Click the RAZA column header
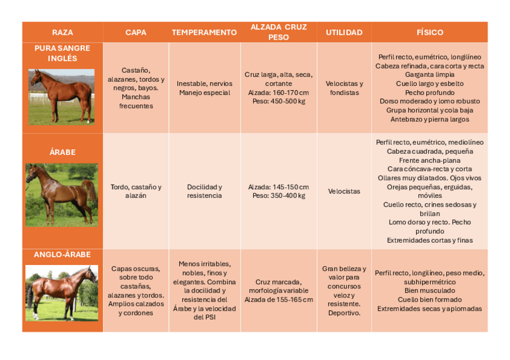tap(63, 32)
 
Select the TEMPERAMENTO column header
tap(204, 32)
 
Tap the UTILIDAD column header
tap(344, 32)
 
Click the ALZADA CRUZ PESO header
tap(278, 32)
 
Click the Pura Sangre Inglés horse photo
tap(61, 96)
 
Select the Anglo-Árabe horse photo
tap(61, 293)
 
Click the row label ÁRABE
tap(63, 152)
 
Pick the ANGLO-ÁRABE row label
tap(63, 254)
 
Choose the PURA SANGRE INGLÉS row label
tap(63, 53)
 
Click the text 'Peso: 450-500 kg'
tap(278, 102)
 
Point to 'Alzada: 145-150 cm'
tap(278, 187)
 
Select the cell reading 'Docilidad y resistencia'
tap(204, 191)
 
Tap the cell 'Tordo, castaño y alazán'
tap(136, 191)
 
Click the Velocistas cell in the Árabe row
tap(344, 191)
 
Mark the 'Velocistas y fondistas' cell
tap(344, 88)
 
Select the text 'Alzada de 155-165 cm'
tap(278, 299)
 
